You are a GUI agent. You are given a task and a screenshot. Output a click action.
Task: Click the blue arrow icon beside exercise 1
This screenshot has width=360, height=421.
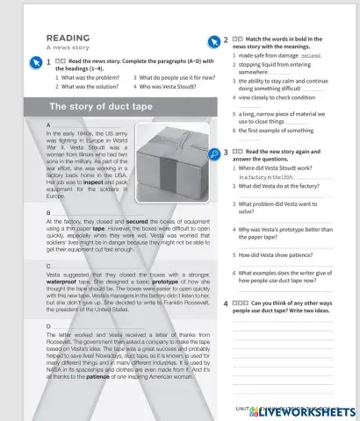pyautogui.click(x=34, y=61)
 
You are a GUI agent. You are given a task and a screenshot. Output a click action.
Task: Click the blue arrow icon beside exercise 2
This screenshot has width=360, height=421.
pyautogui.click(x=213, y=40)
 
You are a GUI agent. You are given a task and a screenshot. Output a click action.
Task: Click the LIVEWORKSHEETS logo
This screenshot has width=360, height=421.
pyautogui.click(x=301, y=410)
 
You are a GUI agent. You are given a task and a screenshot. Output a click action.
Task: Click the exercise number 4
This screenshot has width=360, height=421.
pyautogui.click(x=227, y=302)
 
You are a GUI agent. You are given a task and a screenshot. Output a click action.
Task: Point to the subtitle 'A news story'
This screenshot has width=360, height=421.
pyautogui.click(x=65, y=49)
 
